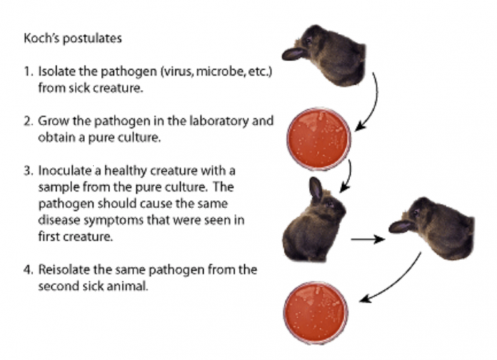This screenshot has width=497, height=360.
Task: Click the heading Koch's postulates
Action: [73, 38]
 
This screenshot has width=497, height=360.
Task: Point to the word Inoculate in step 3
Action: [65, 171]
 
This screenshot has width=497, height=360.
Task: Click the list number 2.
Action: [28, 122]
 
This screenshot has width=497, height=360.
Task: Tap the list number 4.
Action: [28, 270]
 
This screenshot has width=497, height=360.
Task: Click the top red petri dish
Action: [319, 139]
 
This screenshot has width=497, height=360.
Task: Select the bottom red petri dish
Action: [315, 312]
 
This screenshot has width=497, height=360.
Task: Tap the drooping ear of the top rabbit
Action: [293, 54]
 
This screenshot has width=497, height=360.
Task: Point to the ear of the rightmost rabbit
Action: [401, 227]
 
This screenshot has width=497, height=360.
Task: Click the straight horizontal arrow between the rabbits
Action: [367, 239]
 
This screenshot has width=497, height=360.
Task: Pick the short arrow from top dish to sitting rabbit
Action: [348, 176]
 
